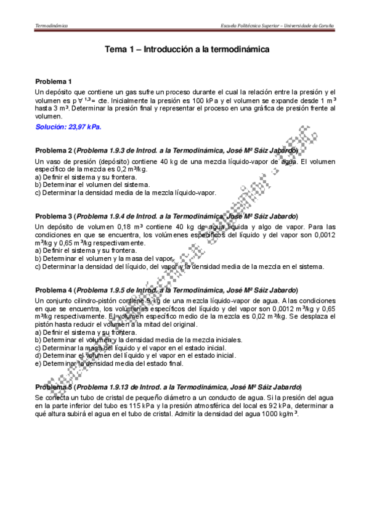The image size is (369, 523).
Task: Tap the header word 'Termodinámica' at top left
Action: click(52, 25)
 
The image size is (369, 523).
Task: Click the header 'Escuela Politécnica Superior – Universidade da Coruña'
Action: click(277, 25)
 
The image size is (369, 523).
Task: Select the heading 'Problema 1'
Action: click(54, 81)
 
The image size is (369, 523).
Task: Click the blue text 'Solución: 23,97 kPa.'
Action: click(68, 127)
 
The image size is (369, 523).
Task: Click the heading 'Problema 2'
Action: click(54, 150)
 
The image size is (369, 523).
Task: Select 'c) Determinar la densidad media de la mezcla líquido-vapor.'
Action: click(126, 192)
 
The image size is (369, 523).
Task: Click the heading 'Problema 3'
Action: click(54, 216)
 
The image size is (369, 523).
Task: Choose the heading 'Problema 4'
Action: click(54, 290)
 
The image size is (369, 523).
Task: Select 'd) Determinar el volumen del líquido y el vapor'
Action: click(136, 356)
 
